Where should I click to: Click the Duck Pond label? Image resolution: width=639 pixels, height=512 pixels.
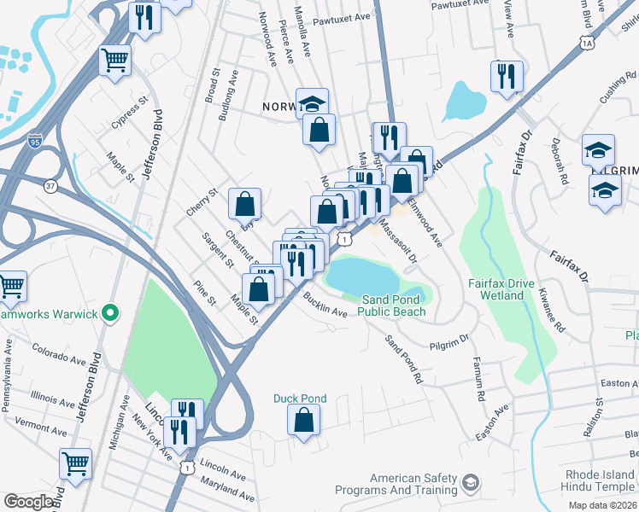click(x=300, y=399)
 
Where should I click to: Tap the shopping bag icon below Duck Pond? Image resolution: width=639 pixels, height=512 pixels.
click(x=303, y=420)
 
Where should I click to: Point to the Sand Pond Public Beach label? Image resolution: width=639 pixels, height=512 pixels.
click(x=391, y=305)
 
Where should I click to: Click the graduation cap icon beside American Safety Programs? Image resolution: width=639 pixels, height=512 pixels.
click(x=470, y=485)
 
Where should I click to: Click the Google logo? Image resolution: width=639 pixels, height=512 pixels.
click(x=29, y=502)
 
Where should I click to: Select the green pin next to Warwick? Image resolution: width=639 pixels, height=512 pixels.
click(x=110, y=314)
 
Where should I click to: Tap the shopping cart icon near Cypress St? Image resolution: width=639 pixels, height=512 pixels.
click(x=115, y=61)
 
